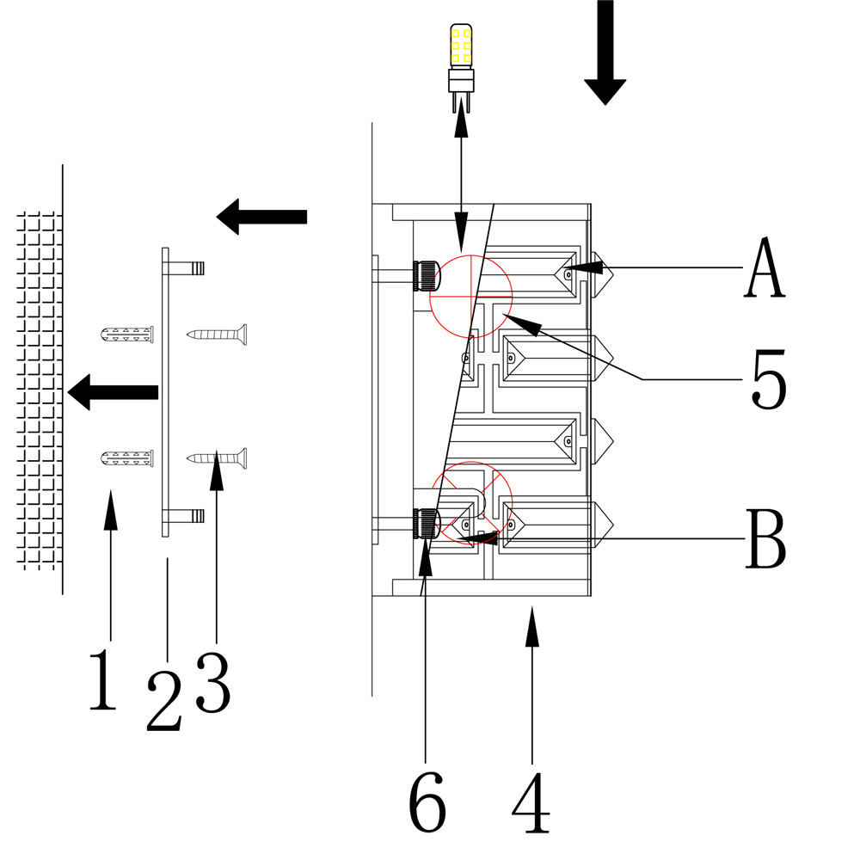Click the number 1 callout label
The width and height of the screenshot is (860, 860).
click(102, 680)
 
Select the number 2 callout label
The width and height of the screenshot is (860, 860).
click(165, 701)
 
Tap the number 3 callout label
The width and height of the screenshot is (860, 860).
click(213, 682)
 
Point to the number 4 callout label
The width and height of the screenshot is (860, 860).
click(531, 803)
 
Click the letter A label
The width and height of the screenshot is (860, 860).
click(765, 268)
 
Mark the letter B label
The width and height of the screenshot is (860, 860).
click(765, 539)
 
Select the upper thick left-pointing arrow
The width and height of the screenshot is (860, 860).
click(261, 216)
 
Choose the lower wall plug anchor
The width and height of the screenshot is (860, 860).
click(127, 458)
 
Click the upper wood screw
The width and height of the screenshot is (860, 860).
click(218, 334)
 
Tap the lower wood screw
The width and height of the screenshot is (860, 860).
click(218, 458)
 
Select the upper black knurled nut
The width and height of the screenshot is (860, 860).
click(426, 276)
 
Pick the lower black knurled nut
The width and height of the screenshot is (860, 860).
click(426, 523)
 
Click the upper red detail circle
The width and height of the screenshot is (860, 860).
click(470, 295)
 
